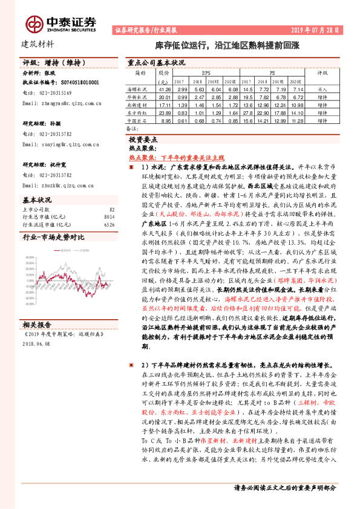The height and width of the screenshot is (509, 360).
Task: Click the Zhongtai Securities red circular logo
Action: (x=33, y=24)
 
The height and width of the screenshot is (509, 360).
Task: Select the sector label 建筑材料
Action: (x=38, y=44)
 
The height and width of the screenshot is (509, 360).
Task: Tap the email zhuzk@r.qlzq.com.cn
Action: (x=61, y=186)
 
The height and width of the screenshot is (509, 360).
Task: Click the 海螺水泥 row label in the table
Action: (x=140, y=89)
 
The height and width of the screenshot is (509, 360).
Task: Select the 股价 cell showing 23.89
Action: (x=164, y=112)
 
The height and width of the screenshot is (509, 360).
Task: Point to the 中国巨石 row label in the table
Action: (x=140, y=120)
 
